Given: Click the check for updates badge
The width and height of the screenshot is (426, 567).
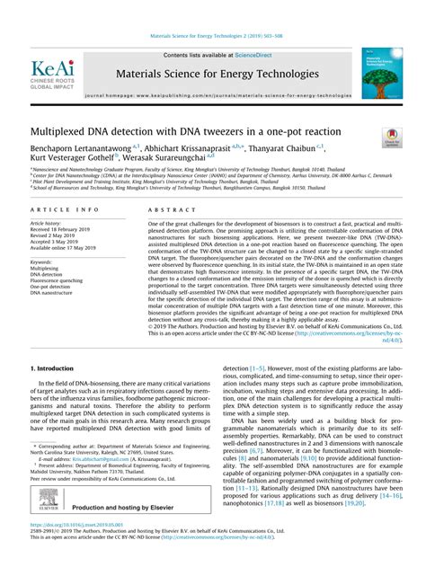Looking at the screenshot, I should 391,137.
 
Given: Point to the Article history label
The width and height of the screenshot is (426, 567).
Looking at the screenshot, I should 46,223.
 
